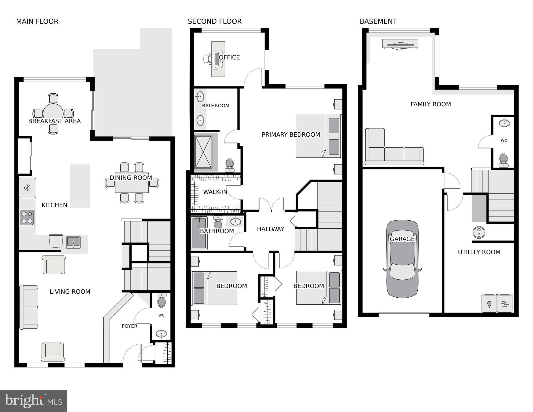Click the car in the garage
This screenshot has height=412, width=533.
[x=402, y=259]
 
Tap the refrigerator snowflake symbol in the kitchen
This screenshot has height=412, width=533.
[x=27, y=188]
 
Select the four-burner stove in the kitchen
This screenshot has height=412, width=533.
[x=27, y=217]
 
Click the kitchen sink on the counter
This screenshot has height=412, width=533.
[x=73, y=242]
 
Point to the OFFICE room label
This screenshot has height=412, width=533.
[x=229, y=57]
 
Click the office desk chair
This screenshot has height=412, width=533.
[x=208, y=59]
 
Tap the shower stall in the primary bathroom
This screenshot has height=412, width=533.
[x=203, y=152]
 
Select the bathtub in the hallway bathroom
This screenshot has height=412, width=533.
[x=199, y=233]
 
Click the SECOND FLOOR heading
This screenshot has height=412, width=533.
[x=215, y=21]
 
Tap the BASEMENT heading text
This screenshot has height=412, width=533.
[x=378, y=21]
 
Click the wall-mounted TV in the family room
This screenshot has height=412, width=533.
[x=400, y=44]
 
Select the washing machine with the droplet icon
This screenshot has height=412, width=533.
[x=489, y=303]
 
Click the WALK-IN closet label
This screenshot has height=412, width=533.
[x=215, y=192]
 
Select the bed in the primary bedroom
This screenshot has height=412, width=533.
[x=318, y=136]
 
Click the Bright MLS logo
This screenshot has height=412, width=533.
[x=33, y=401]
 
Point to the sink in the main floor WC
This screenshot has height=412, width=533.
[x=161, y=334]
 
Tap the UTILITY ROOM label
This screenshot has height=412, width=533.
[x=479, y=252]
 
